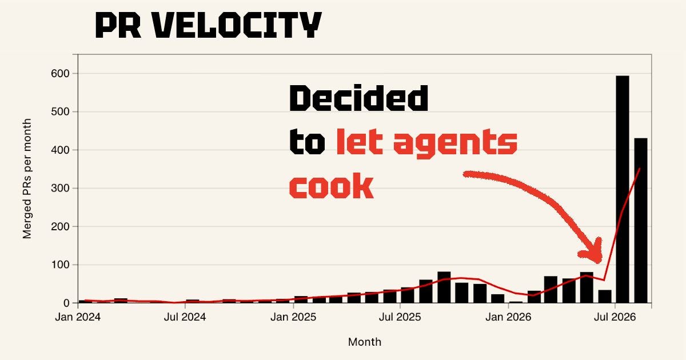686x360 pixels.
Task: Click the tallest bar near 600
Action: (x=623, y=189)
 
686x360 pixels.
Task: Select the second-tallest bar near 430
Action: (x=641, y=221)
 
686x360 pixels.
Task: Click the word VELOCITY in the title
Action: (x=237, y=25)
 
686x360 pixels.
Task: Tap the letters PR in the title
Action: (x=118, y=25)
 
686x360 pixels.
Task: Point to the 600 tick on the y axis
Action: (x=61, y=74)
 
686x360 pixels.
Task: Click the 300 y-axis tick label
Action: (x=61, y=188)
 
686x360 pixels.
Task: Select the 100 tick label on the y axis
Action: (x=61, y=265)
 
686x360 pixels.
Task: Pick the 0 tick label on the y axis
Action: (x=66, y=303)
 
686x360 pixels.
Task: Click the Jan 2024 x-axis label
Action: (x=78, y=317)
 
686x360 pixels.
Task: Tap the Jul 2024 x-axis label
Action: (x=185, y=317)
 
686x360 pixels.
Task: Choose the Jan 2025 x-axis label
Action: (x=293, y=317)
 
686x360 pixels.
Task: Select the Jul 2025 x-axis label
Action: (x=400, y=317)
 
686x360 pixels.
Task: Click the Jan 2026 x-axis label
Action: (x=508, y=317)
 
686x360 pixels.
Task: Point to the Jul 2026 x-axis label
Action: (x=615, y=317)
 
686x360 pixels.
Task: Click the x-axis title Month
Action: (x=365, y=342)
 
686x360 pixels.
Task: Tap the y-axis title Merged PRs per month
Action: (x=27, y=179)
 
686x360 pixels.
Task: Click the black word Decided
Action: (x=359, y=98)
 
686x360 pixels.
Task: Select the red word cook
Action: (x=332, y=186)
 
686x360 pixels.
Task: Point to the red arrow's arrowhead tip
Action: (x=598, y=263)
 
